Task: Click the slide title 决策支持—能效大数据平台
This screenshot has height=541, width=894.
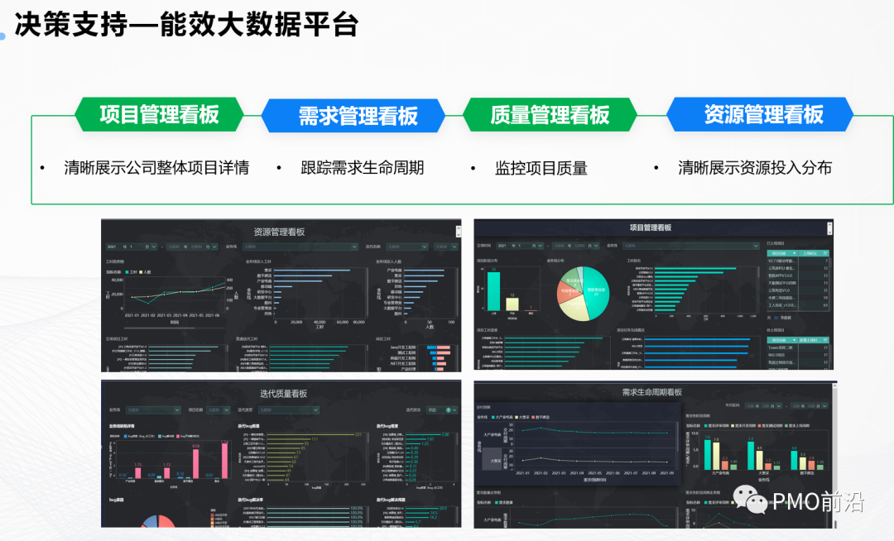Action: (x=186, y=24)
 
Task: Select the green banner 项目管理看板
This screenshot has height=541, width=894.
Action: (x=159, y=114)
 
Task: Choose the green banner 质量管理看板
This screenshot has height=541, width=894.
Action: (x=550, y=115)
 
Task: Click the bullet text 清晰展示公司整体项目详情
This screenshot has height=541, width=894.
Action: (x=156, y=168)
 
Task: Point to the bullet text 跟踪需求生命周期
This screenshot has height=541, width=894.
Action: (x=362, y=168)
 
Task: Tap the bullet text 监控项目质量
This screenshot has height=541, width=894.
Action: (x=541, y=168)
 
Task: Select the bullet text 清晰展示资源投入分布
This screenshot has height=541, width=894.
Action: (x=754, y=168)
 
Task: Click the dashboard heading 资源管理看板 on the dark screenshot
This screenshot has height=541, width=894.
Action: (x=280, y=232)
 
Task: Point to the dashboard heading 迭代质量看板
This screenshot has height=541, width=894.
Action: (x=281, y=393)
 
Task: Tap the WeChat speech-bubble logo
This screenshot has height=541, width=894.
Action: (x=756, y=500)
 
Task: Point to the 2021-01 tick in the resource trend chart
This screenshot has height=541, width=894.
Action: (x=132, y=315)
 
